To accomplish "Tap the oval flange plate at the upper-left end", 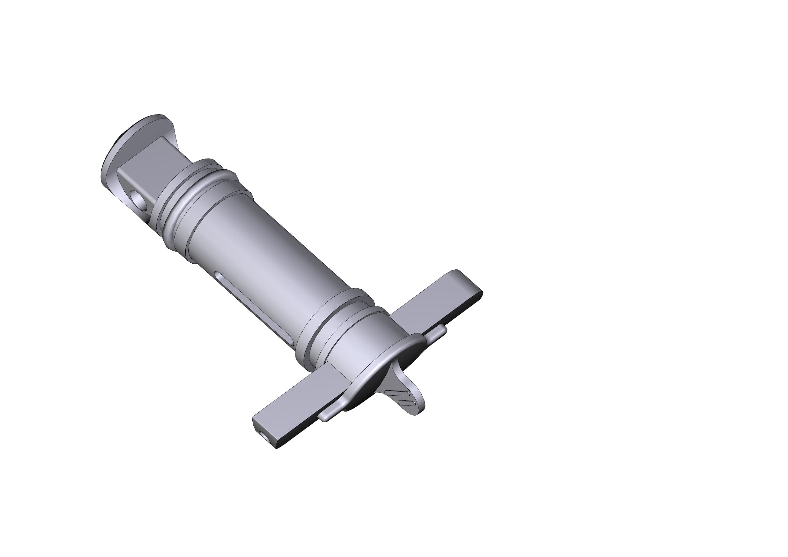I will (113, 156).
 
